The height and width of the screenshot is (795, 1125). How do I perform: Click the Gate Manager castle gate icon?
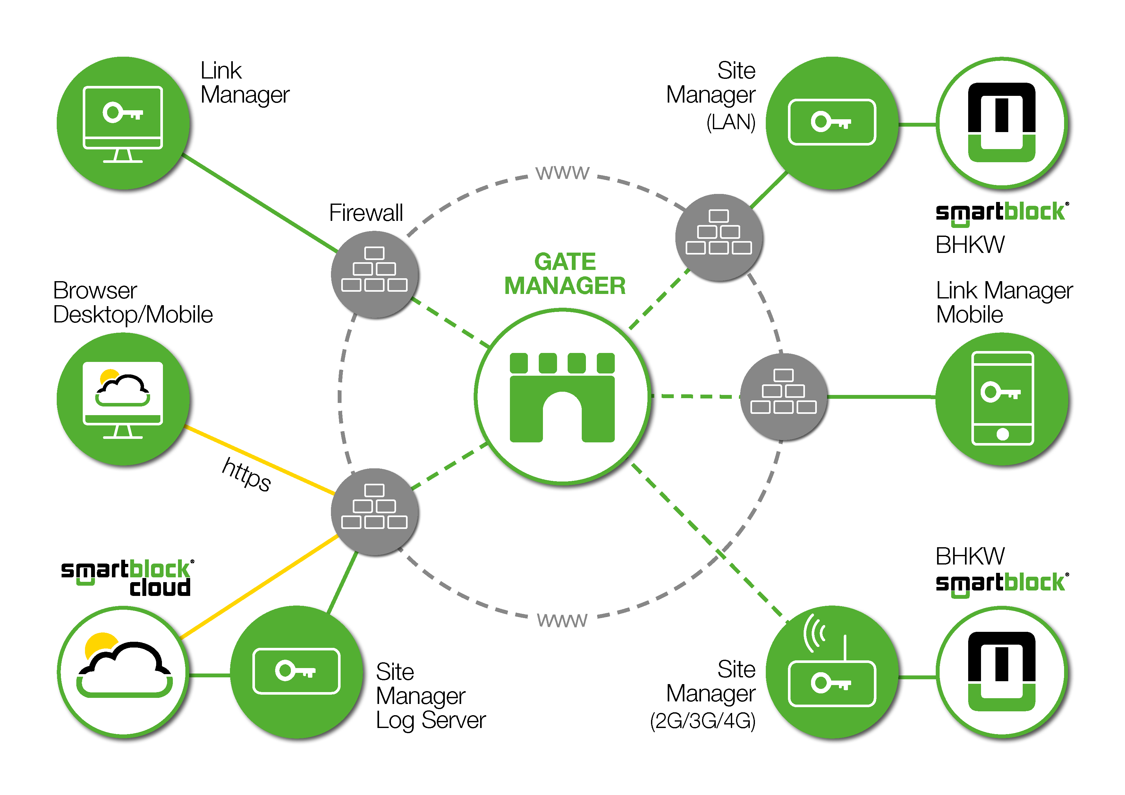(562, 397)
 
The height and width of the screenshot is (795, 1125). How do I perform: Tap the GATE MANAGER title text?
(565, 274)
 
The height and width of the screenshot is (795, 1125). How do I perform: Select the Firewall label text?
(366, 213)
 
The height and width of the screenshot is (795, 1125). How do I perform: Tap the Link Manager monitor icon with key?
(123, 123)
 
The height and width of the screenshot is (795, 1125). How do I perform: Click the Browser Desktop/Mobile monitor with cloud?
(123, 399)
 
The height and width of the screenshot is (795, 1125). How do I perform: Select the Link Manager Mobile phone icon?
(1002, 398)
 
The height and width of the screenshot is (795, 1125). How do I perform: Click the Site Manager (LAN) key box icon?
(832, 122)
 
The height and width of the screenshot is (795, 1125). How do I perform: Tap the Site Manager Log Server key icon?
(296, 671)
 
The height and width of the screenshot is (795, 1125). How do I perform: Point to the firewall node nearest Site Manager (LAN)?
(718, 237)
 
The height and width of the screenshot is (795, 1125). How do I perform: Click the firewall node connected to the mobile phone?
(783, 397)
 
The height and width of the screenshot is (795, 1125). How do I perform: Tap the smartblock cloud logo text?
(127, 578)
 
